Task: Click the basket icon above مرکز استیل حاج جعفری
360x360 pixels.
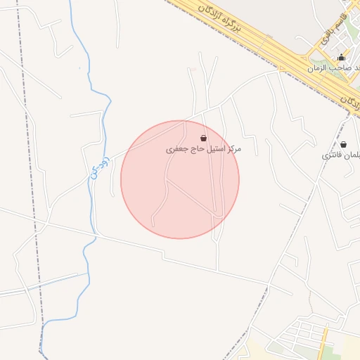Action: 204,138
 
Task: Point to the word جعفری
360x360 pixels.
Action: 176,150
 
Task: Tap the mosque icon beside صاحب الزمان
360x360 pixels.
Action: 342,58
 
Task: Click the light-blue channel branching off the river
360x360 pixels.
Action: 42,282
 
